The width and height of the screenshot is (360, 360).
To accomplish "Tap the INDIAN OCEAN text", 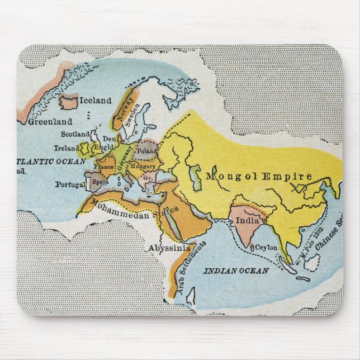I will click(235, 271).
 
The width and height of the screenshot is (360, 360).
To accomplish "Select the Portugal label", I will click(70, 184).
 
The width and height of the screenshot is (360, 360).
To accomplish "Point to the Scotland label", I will click(75, 135).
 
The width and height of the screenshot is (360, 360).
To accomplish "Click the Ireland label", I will click(67, 148).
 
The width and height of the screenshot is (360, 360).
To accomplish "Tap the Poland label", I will click(147, 151).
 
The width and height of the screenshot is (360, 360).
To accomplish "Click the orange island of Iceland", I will click(69, 103).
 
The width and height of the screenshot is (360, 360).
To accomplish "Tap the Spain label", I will click(101, 182).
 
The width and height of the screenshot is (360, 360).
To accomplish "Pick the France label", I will click(105, 166).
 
